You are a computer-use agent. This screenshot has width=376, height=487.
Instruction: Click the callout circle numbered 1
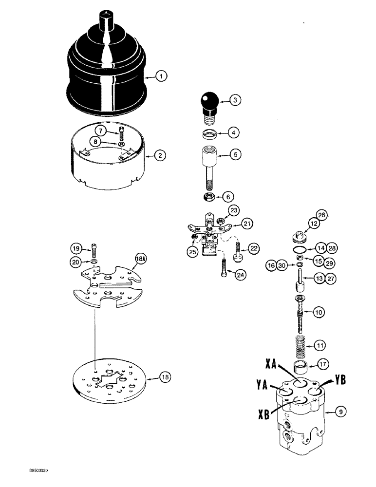click(x=161, y=76)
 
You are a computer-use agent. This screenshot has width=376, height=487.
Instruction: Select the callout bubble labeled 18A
click(x=140, y=260)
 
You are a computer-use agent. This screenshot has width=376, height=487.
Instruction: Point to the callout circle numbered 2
click(x=159, y=156)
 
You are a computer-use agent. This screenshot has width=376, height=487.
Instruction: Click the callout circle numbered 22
click(x=253, y=248)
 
